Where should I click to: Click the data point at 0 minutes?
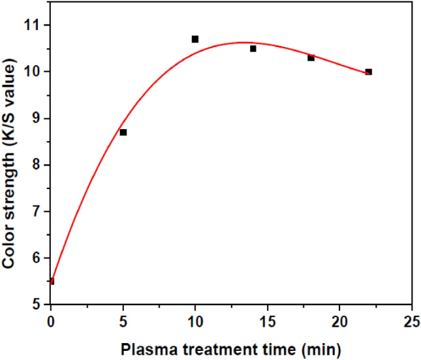[x=51, y=281]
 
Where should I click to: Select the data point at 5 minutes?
[x=123, y=132]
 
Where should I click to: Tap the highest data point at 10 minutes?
[x=195, y=39]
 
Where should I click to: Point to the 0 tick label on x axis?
[x=51, y=321]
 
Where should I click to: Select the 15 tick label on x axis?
[x=267, y=321]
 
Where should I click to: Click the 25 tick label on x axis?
[x=411, y=321]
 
